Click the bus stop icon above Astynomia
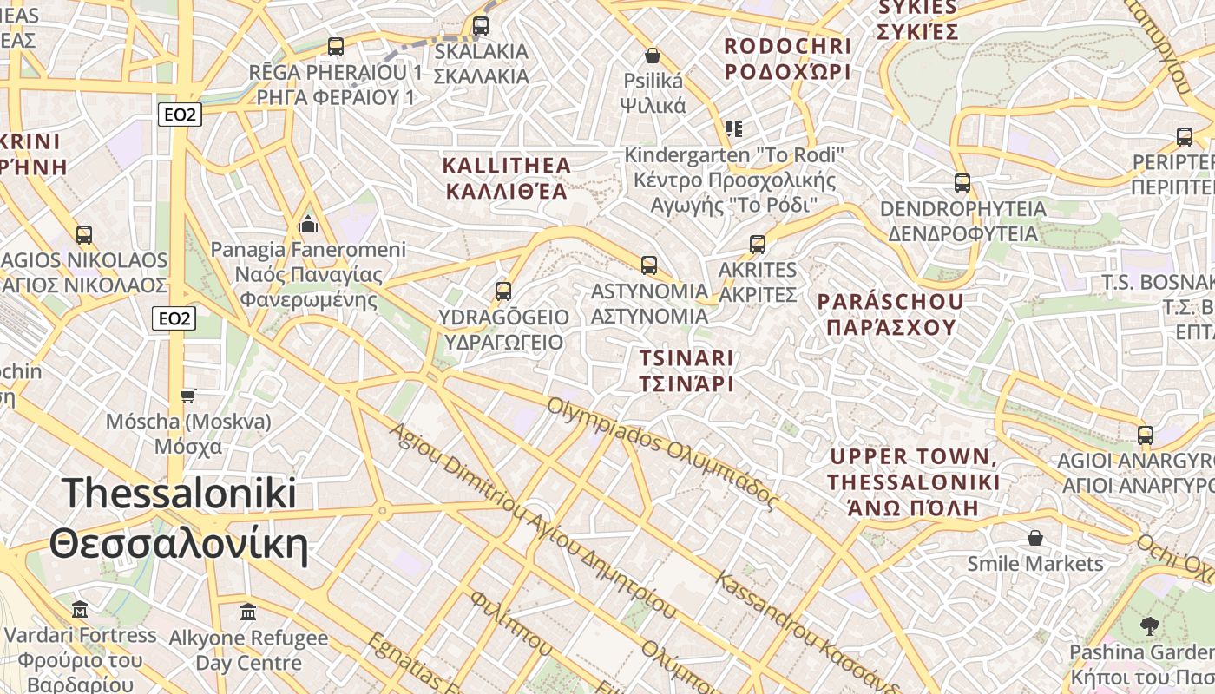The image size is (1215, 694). [648, 265]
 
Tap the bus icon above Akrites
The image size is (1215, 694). [758, 245]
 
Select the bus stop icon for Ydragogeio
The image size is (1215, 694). [503, 291]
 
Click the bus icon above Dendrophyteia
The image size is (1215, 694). [962, 183]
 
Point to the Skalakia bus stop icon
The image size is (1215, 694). [481, 26]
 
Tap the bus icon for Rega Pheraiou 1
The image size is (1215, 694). [336, 47]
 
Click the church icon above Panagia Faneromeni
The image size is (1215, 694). [308, 226]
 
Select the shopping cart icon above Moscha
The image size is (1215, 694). [188, 396]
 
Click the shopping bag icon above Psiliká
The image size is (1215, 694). [653, 56]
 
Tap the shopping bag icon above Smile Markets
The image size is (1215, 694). [1034, 539]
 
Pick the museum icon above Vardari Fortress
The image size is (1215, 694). [80, 610]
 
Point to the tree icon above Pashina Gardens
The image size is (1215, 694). [1150, 625]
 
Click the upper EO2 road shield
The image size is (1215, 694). [180, 115]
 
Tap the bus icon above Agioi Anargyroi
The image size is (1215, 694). [1146, 435]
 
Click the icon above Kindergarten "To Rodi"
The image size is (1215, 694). [734, 129]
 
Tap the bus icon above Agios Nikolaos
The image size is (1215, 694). [84, 234]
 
